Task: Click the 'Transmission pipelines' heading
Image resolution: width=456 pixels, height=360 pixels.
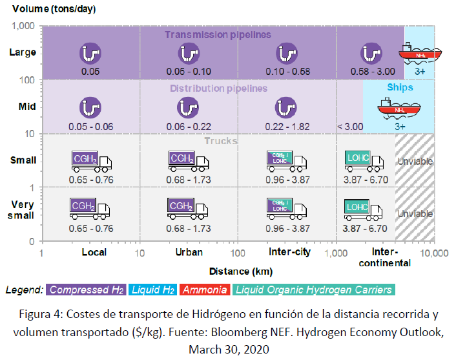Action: click(x=218, y=35)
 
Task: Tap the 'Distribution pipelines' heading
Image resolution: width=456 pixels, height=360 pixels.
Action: click(x=218, y=89)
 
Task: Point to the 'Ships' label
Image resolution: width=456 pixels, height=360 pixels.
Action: click(x=400, y=87)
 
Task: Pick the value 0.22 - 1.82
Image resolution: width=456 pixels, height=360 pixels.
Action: click(x=285, y=126)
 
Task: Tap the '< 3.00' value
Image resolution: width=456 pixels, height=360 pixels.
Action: click(x=350, y=126)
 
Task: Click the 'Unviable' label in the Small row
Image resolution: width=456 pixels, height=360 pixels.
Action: click(x=415, y=161)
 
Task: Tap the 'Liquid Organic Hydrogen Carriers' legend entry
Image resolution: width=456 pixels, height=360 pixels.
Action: click(x=314, y=290)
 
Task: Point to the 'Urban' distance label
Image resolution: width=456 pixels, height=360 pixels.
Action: click(x=189, y=252)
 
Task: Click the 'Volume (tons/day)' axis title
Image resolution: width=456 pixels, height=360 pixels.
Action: click(x=50, y=8)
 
